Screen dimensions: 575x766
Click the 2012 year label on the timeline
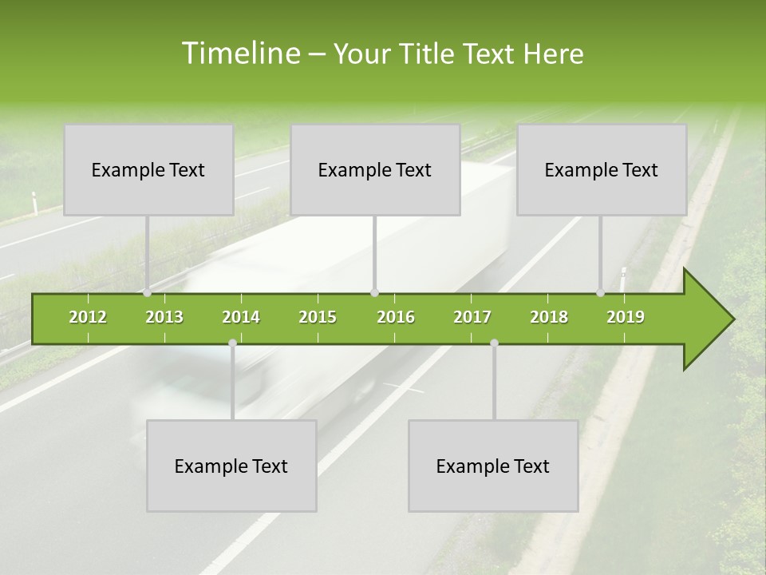pyautogui.click(x=88, y=317)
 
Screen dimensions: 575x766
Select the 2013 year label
pyautogui.click(x=164, y=317)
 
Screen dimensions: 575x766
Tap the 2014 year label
pyautogui.click(x=241, y=317)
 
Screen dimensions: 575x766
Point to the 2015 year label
pyautogui.click(x=318, y=317)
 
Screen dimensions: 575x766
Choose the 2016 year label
pyautogui.click(x=396, y=317)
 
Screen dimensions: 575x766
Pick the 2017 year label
pyautogui.click(x=472, y=317)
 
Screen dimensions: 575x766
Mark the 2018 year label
pyautogui.click(x=549, y=317)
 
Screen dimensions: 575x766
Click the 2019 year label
pyautogui.click(x=626, y=317)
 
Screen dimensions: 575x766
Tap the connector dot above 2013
pyautogui.click(x=148, y=293)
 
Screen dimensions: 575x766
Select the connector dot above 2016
pyautogui.click(x=375, y=293)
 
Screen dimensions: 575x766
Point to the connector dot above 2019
pyautogui.click(x=601, y=293)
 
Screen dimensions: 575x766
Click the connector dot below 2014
pyautogui.click(x=232, y=343)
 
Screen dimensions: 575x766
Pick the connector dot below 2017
pyautogui.click(x=494, y=343)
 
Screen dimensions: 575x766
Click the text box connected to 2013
pyautogui.click(x=148, y=170)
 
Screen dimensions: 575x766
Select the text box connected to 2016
pyautogui.click(x=375, y=170)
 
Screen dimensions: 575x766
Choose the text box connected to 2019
pyautogui.click(x=602, y=170)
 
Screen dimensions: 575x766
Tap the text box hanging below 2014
pyautogui.click(x=231, y=466)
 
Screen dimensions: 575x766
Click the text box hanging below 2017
pyautogui.click(x=493, y=466)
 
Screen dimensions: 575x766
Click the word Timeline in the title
pyautogui.click(x=239, y=54)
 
